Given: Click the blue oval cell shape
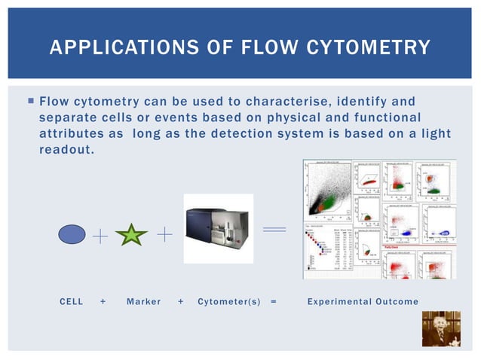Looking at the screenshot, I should (72, 236).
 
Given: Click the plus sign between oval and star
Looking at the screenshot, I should (100, 236).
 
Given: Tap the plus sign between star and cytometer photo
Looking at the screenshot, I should (165, 235).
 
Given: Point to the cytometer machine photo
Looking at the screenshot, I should (218, 228).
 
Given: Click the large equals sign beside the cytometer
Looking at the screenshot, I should (274, 228).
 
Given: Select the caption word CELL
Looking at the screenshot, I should (72, 302).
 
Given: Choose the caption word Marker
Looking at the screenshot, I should (143, 302).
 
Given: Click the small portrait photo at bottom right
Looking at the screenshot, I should (440, 328).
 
